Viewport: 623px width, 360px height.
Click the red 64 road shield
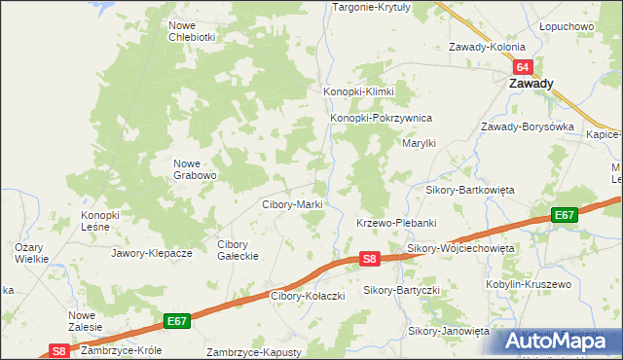click(524, 67)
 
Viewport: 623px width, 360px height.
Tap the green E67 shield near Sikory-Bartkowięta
click(564, 215)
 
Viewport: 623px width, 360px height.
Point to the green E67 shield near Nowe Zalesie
click(176, 320)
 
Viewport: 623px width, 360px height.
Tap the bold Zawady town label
click(531, 84)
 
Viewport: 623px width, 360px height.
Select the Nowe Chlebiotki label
click(192, 31)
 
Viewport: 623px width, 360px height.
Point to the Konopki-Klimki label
click(358, 91)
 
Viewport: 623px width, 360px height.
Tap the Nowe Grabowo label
click(195, 169)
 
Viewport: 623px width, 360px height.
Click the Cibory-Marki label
click(293, 204)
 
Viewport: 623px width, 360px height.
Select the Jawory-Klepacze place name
click(151, 253)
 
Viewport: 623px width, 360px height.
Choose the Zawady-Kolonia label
click(487, 47)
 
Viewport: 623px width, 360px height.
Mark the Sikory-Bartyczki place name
click(402, 290)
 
